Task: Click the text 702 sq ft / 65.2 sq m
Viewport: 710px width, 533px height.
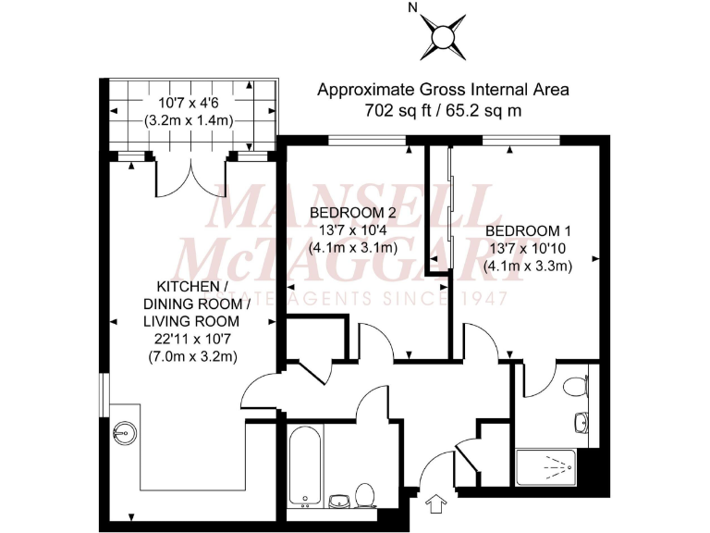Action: [443, 110]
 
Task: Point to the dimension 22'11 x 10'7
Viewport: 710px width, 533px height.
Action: [190, 339]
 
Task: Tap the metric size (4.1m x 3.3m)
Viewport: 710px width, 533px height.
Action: [529, 265]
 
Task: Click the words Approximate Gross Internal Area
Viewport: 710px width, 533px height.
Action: [443, 90]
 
